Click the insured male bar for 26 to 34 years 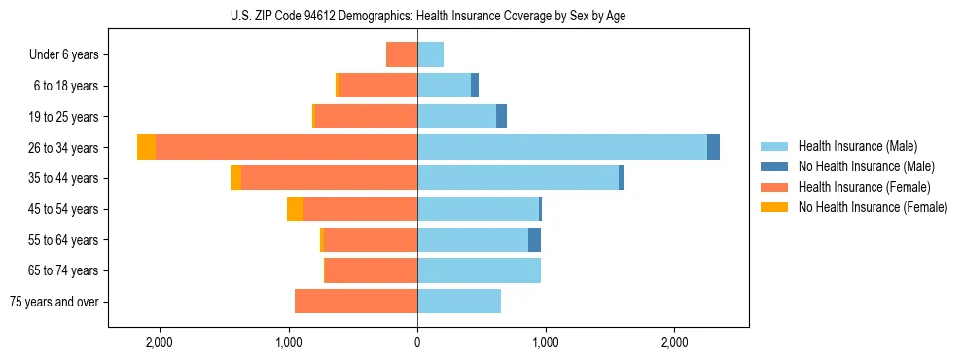click(561, 147)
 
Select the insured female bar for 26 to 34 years click(286, 147)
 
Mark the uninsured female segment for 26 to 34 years click(146, 147)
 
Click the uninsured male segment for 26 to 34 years click(713, 147)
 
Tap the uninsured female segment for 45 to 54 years click(295, 209)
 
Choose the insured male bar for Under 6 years click(430, 54)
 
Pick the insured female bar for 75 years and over click(356, 302)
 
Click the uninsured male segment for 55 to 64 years click(534, 240)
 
